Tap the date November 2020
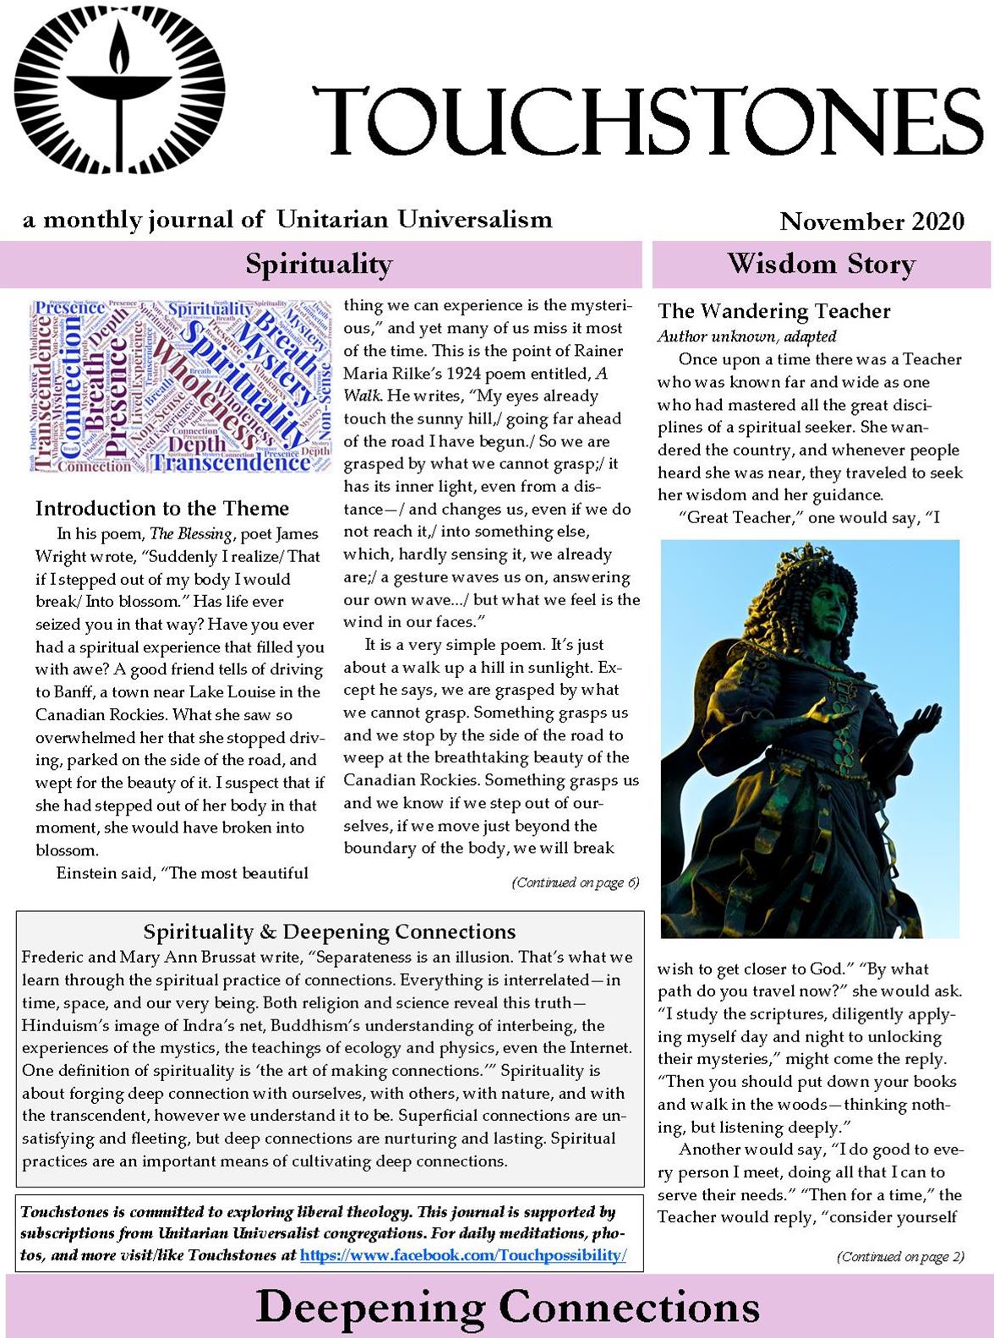point(871,221)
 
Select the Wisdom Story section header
point(821,264)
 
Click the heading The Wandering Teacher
point(773,311)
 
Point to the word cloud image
point(179,385)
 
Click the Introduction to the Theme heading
point(162,508)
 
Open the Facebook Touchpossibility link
point(463,1255)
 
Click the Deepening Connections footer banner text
point(507,1307)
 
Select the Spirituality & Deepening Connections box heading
point(330,931)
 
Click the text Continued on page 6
point(575,883)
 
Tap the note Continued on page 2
point(900,1257)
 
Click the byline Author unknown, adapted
point(747,336)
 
